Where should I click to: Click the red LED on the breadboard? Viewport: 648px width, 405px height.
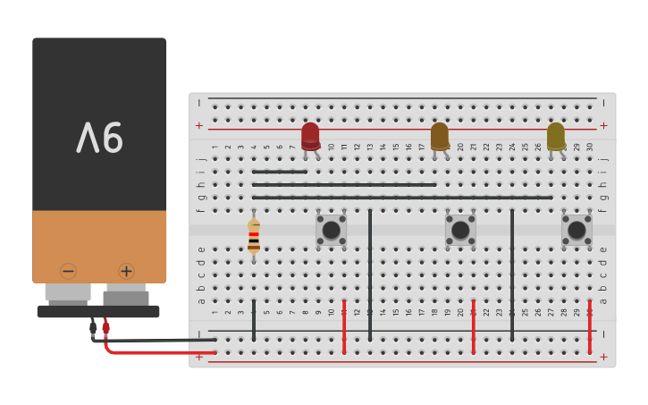coord(310,136)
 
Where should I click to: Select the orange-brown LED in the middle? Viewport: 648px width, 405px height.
coord(439,136)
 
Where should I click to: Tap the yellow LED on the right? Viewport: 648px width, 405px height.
coord(556,136)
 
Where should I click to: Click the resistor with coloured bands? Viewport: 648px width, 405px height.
coord(254,236)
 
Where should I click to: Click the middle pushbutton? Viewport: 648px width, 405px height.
coord(460,230)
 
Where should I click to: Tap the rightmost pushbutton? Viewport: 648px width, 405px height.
coord(576,230)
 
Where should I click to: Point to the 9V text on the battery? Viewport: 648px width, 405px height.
coord(99,138)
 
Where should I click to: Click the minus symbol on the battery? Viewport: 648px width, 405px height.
coord(69,271)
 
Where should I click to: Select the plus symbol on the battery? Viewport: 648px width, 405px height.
coord(126,271)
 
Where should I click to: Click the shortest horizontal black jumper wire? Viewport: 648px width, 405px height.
coord(280,172)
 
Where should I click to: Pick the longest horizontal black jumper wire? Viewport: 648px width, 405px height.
coord(402,198)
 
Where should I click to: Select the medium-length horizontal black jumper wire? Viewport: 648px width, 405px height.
coord(344,185)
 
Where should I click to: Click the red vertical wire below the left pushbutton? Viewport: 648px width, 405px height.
coord(344,326)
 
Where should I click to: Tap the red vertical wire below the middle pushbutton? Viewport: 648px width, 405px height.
coord(474,326)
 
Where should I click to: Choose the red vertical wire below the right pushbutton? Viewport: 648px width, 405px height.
coord(590,326)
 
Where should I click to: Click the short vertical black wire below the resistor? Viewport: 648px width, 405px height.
coord(254,320)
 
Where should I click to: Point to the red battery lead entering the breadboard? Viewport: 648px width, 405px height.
coord(161,352)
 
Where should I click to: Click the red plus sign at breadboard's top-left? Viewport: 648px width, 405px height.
coord(198,125)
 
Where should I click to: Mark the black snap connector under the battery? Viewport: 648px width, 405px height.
coord(98,311)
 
